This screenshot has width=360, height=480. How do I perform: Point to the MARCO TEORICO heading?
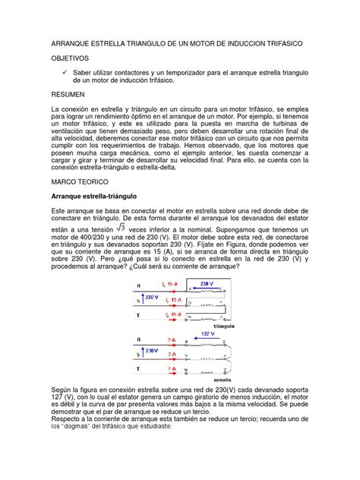click(x=80, y=183)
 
